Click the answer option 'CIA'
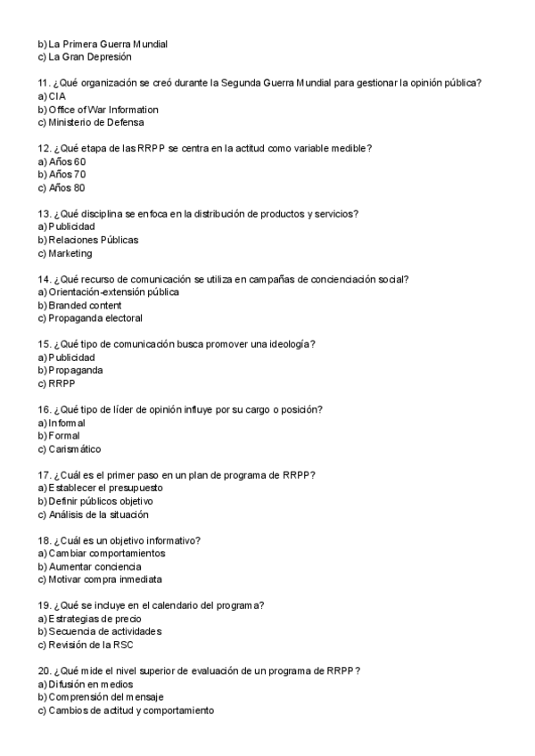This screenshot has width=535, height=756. click(x=57, y=95)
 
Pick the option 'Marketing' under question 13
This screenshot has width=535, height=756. click(x=70, y=253)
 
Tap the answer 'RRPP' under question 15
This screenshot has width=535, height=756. click(x=62, y=383)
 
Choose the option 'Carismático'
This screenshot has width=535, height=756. click(x=75, y=449)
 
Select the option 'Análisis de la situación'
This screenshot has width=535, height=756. click(x=98, y=514)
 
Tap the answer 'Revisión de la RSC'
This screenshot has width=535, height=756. click(x=91, y=645)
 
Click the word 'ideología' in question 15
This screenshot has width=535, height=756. click(x=287, y=344)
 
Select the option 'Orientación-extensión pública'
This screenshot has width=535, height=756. click(x=113, y=292)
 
